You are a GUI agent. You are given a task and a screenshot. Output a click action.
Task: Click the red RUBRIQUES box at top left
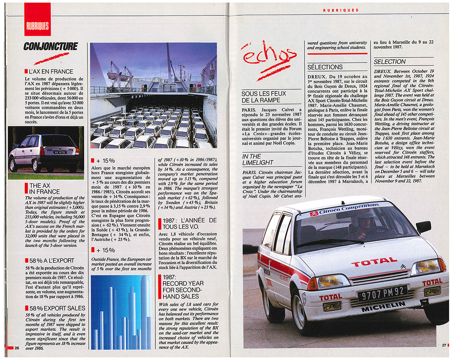tap(37, 20)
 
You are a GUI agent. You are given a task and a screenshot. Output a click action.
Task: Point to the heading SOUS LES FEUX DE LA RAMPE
tap(265, 97)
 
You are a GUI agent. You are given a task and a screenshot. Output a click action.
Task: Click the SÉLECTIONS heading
tap(325, 67)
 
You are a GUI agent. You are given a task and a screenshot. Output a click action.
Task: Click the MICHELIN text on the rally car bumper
tap(383, 306)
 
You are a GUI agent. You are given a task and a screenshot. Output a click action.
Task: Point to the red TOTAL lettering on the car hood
tap(374, 261)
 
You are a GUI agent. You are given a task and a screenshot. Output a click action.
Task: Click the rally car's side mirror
tap(423, 226)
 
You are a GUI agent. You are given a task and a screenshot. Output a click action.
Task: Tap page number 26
tap(16, 348)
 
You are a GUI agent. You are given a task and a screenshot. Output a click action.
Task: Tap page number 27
tap(444, 345)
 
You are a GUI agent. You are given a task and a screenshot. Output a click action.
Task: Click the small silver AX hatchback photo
tap(45, 151)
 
